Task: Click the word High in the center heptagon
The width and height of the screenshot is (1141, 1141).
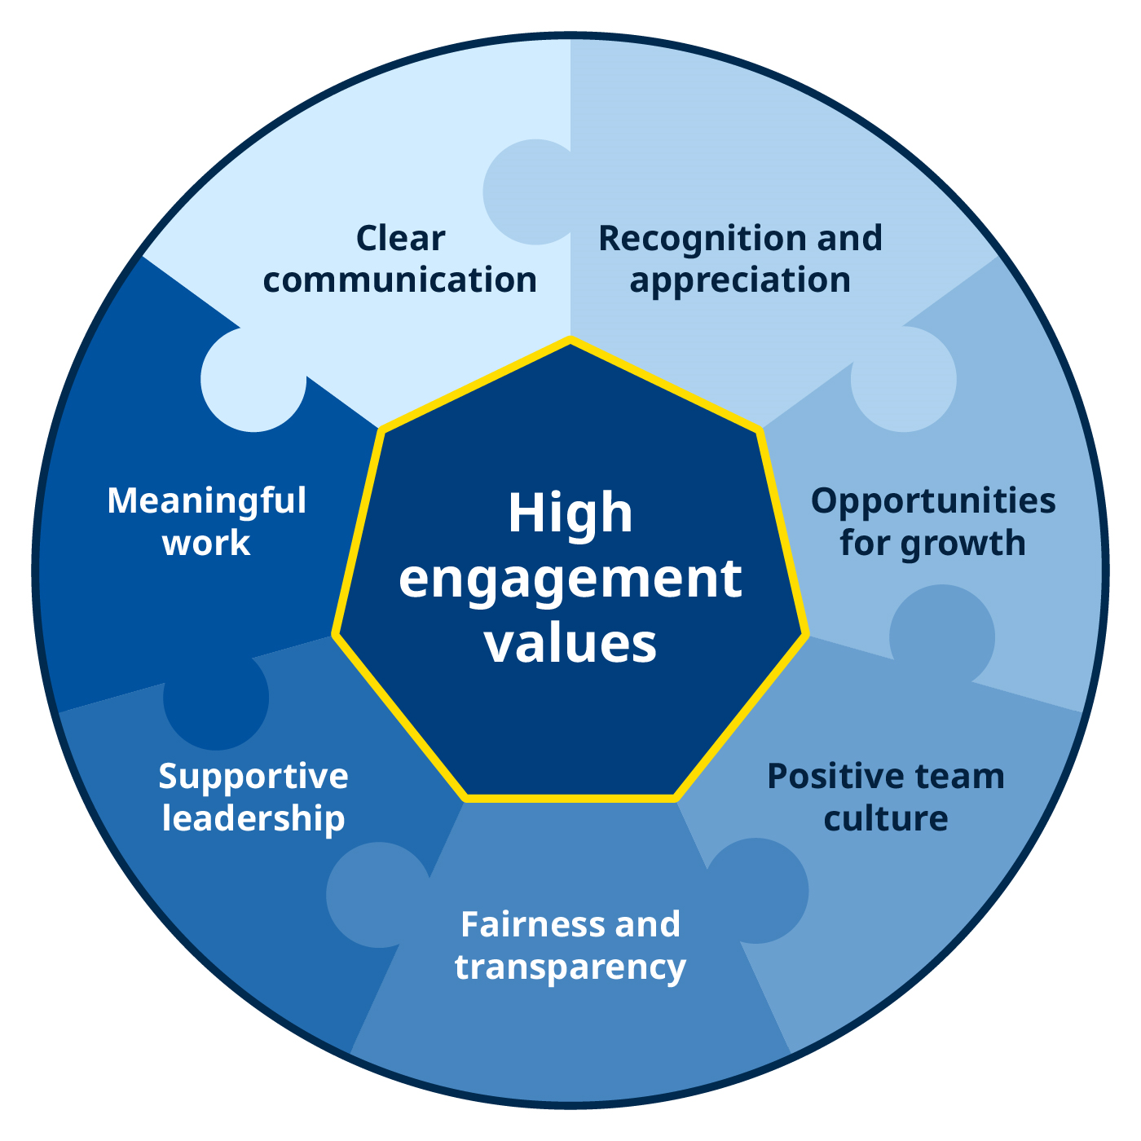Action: [x=570, y=513]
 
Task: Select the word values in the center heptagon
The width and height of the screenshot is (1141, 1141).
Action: [x=570, y=643]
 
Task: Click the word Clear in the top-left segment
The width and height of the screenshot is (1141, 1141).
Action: [x=400, y=239]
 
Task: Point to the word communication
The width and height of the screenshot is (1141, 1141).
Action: [x=400, y=280]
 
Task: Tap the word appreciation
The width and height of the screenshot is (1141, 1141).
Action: [x=740, y=280]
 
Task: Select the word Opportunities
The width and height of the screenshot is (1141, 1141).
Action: [x=933, y=501]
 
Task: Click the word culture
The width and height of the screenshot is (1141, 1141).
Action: [x=886, y=818]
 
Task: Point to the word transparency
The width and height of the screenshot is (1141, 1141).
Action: [x=570, y=967]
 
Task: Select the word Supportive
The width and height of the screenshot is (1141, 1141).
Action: [x=253, y=777]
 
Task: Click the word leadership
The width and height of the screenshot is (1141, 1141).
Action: [x=253, y=818]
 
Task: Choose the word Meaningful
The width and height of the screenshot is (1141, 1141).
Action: [x=207, y=501]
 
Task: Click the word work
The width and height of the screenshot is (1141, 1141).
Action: [x=207, y=544]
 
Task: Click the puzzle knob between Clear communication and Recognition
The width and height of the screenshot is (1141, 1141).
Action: [x=534, y=192]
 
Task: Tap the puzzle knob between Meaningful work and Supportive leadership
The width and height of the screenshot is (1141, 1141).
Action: [x=216, y=698]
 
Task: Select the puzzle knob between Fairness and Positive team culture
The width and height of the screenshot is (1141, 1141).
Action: [x=758, y=891]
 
